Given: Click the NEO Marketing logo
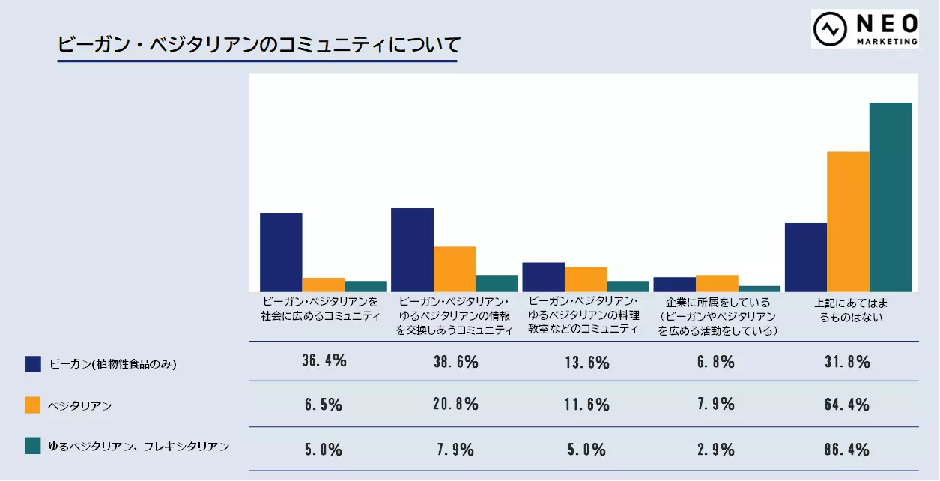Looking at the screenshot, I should point(864,29).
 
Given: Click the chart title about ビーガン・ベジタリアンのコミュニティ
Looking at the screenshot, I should point(258,44).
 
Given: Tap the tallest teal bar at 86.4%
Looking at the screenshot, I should point(890,197).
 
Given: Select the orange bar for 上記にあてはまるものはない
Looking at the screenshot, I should point(848,222).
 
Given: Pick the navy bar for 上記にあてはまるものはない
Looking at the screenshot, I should point(806,257).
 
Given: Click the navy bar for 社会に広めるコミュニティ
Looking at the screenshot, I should point(281,252).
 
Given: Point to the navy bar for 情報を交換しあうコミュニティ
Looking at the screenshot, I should point(412,249).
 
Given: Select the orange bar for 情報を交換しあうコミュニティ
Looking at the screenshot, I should point(455,269).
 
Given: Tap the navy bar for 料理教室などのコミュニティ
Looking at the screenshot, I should point(543,277).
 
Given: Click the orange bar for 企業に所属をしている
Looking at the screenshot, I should point(717,283).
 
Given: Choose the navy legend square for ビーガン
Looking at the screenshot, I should point(33,364).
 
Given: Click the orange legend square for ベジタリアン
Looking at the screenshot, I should point(33,405).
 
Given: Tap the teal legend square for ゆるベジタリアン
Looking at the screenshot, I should point(33,447).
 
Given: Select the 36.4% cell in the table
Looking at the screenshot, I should point(324,362).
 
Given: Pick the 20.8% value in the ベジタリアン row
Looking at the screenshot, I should point(455,405).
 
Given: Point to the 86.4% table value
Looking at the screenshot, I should point(848,450).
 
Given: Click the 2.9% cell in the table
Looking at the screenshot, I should point(717,450).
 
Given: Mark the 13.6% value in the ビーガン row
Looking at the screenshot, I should point(586,362).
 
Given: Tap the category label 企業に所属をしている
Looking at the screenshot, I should point(717,316).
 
